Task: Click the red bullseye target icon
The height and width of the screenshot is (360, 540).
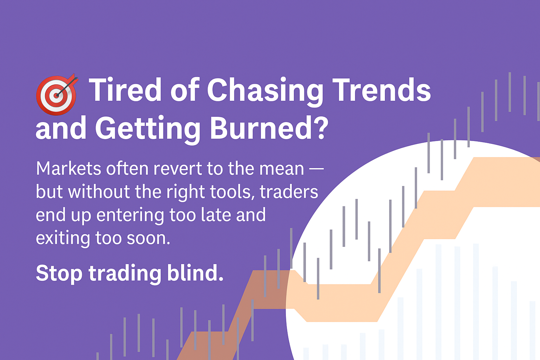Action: [x=56, y=95]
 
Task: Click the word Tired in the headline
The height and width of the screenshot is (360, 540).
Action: [x=125, y=89]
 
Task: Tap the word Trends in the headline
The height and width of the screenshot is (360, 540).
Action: [x=381, y=89]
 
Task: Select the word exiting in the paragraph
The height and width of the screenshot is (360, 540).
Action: [x=63, y=239]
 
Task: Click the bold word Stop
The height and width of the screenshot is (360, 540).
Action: [x=59, y=274]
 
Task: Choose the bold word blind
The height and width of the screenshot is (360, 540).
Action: [x=195, y=272]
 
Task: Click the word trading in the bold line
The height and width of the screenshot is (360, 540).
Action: [x=125, y=274]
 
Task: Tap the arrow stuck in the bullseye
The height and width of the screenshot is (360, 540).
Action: [x=67, y=86]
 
